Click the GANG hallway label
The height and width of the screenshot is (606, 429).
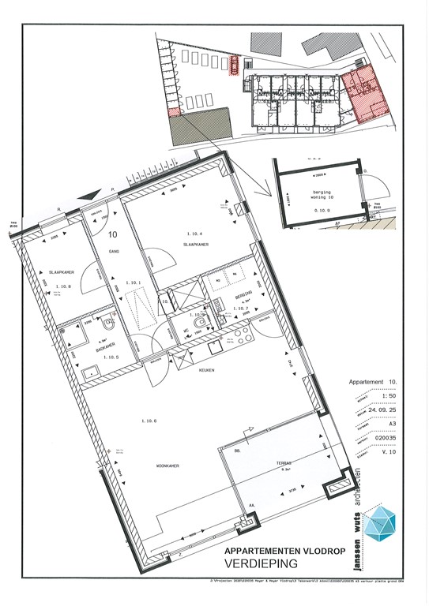[x=114, y=252]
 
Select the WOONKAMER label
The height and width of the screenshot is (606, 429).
[x=167, y=466]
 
